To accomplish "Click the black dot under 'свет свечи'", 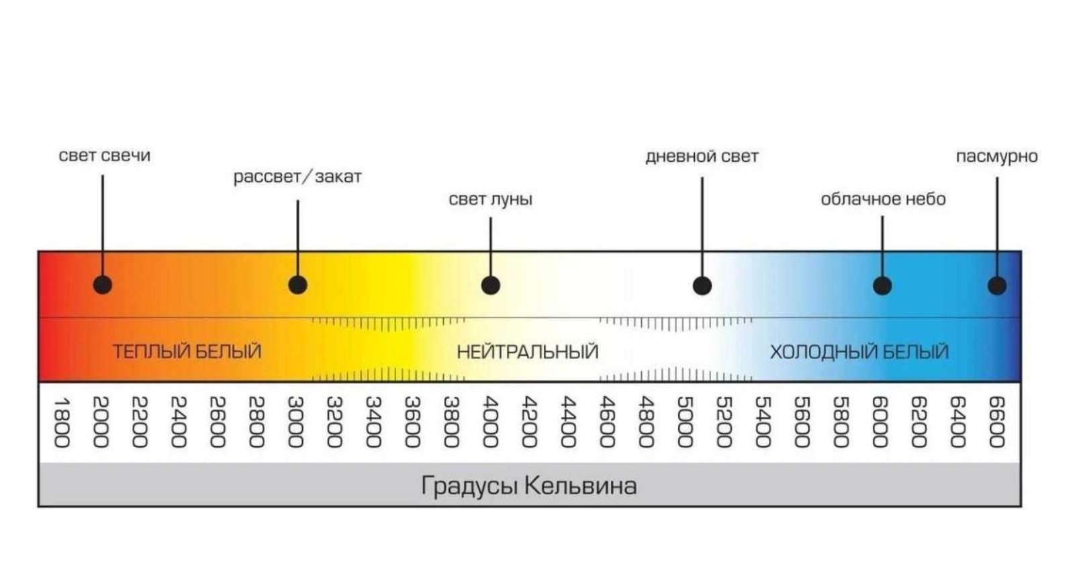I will point(103,285).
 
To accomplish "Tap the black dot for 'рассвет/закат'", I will point(297,285).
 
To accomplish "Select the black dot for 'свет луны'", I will point(491,285).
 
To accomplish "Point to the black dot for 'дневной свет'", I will point(702,285).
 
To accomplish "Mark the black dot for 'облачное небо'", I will point(882,285).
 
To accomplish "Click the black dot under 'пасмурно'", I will point(997,285).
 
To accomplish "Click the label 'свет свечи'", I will point(105,156).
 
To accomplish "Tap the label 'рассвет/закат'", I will point(297,177).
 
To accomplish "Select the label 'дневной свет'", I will point(702,156).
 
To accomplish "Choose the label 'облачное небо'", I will point(883,199).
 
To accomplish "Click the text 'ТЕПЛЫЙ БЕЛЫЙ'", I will point(187,352).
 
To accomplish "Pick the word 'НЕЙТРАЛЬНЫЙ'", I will point(527,352).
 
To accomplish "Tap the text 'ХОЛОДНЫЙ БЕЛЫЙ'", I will point(859,352).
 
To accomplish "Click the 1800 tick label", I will point(62,422).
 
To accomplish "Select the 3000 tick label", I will point(296,422).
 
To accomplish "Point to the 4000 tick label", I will point(491,422).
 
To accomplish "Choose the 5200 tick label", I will point(724,422).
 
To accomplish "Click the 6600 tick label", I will point(996,422).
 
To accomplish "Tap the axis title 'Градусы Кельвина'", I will point(529,485).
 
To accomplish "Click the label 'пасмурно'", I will point(996,156).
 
